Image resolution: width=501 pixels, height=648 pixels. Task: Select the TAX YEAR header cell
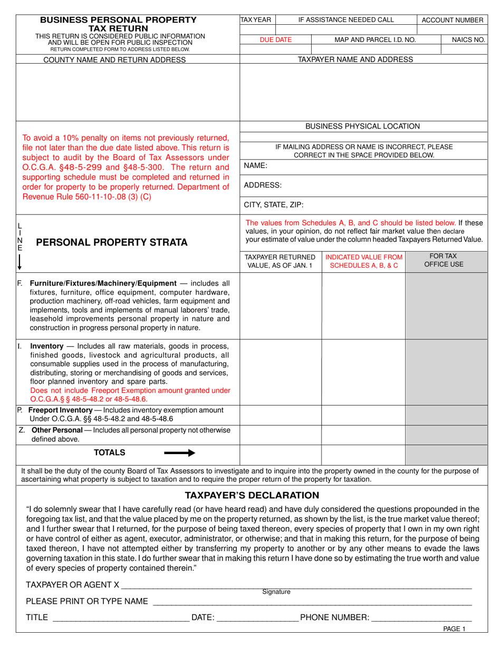(x=256, y=20)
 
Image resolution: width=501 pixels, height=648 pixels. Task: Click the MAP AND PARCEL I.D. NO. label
(x=375, y=40)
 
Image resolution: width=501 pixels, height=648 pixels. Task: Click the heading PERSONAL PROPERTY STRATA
(x=111, y=242)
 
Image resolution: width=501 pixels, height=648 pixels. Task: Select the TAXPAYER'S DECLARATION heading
(x=252, y=495)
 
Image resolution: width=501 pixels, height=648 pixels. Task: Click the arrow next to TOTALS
(x=180, y=453)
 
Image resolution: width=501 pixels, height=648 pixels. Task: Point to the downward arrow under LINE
(x=20, y=262)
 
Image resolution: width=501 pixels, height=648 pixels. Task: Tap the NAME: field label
(x=256, y=165)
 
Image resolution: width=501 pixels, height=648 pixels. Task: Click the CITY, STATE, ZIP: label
(x=274, y=205)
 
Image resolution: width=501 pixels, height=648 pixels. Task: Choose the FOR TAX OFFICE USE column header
(x=444, y=260)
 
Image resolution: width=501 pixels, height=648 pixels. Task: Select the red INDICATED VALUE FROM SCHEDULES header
(x=363, y=261)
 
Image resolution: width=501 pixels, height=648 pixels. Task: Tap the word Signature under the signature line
(x=276, y=592)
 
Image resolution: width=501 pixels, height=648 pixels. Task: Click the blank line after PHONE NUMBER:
(x=422, y=617)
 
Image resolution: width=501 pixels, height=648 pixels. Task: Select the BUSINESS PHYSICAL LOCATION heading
(x=362, y=126)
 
